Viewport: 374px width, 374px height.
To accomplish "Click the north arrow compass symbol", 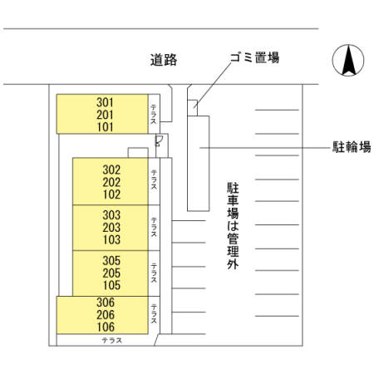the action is [348, 60].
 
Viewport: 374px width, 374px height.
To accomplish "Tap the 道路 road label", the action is [164, 60].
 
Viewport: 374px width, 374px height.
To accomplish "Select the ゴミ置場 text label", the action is [254, 57].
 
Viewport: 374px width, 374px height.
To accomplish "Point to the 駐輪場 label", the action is [352, 147].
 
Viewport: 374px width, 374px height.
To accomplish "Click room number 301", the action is [105, 102].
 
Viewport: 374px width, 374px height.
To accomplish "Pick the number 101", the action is [105, 127].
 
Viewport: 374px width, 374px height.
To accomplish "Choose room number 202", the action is [111, 182].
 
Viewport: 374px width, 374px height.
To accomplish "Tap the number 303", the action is [111, 215].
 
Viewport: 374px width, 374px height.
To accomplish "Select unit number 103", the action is [111, 239].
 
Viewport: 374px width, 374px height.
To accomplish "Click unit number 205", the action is [111, 273].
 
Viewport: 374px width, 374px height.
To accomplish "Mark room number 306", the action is [106, 303].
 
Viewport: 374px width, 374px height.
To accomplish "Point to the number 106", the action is [106, 327].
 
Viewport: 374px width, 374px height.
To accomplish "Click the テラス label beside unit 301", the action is [154, 114].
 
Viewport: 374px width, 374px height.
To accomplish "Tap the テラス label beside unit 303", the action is [154, 227].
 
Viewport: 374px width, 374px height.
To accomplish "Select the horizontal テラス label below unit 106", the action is [112, 340].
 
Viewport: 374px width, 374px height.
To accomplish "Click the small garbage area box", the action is [192, 108].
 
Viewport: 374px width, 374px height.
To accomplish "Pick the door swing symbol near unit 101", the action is [159, 140].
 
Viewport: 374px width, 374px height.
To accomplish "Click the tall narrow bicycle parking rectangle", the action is [198, 164].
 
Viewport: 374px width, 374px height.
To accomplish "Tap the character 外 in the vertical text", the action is [233, 264].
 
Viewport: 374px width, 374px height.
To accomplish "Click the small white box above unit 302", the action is [138, 153].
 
